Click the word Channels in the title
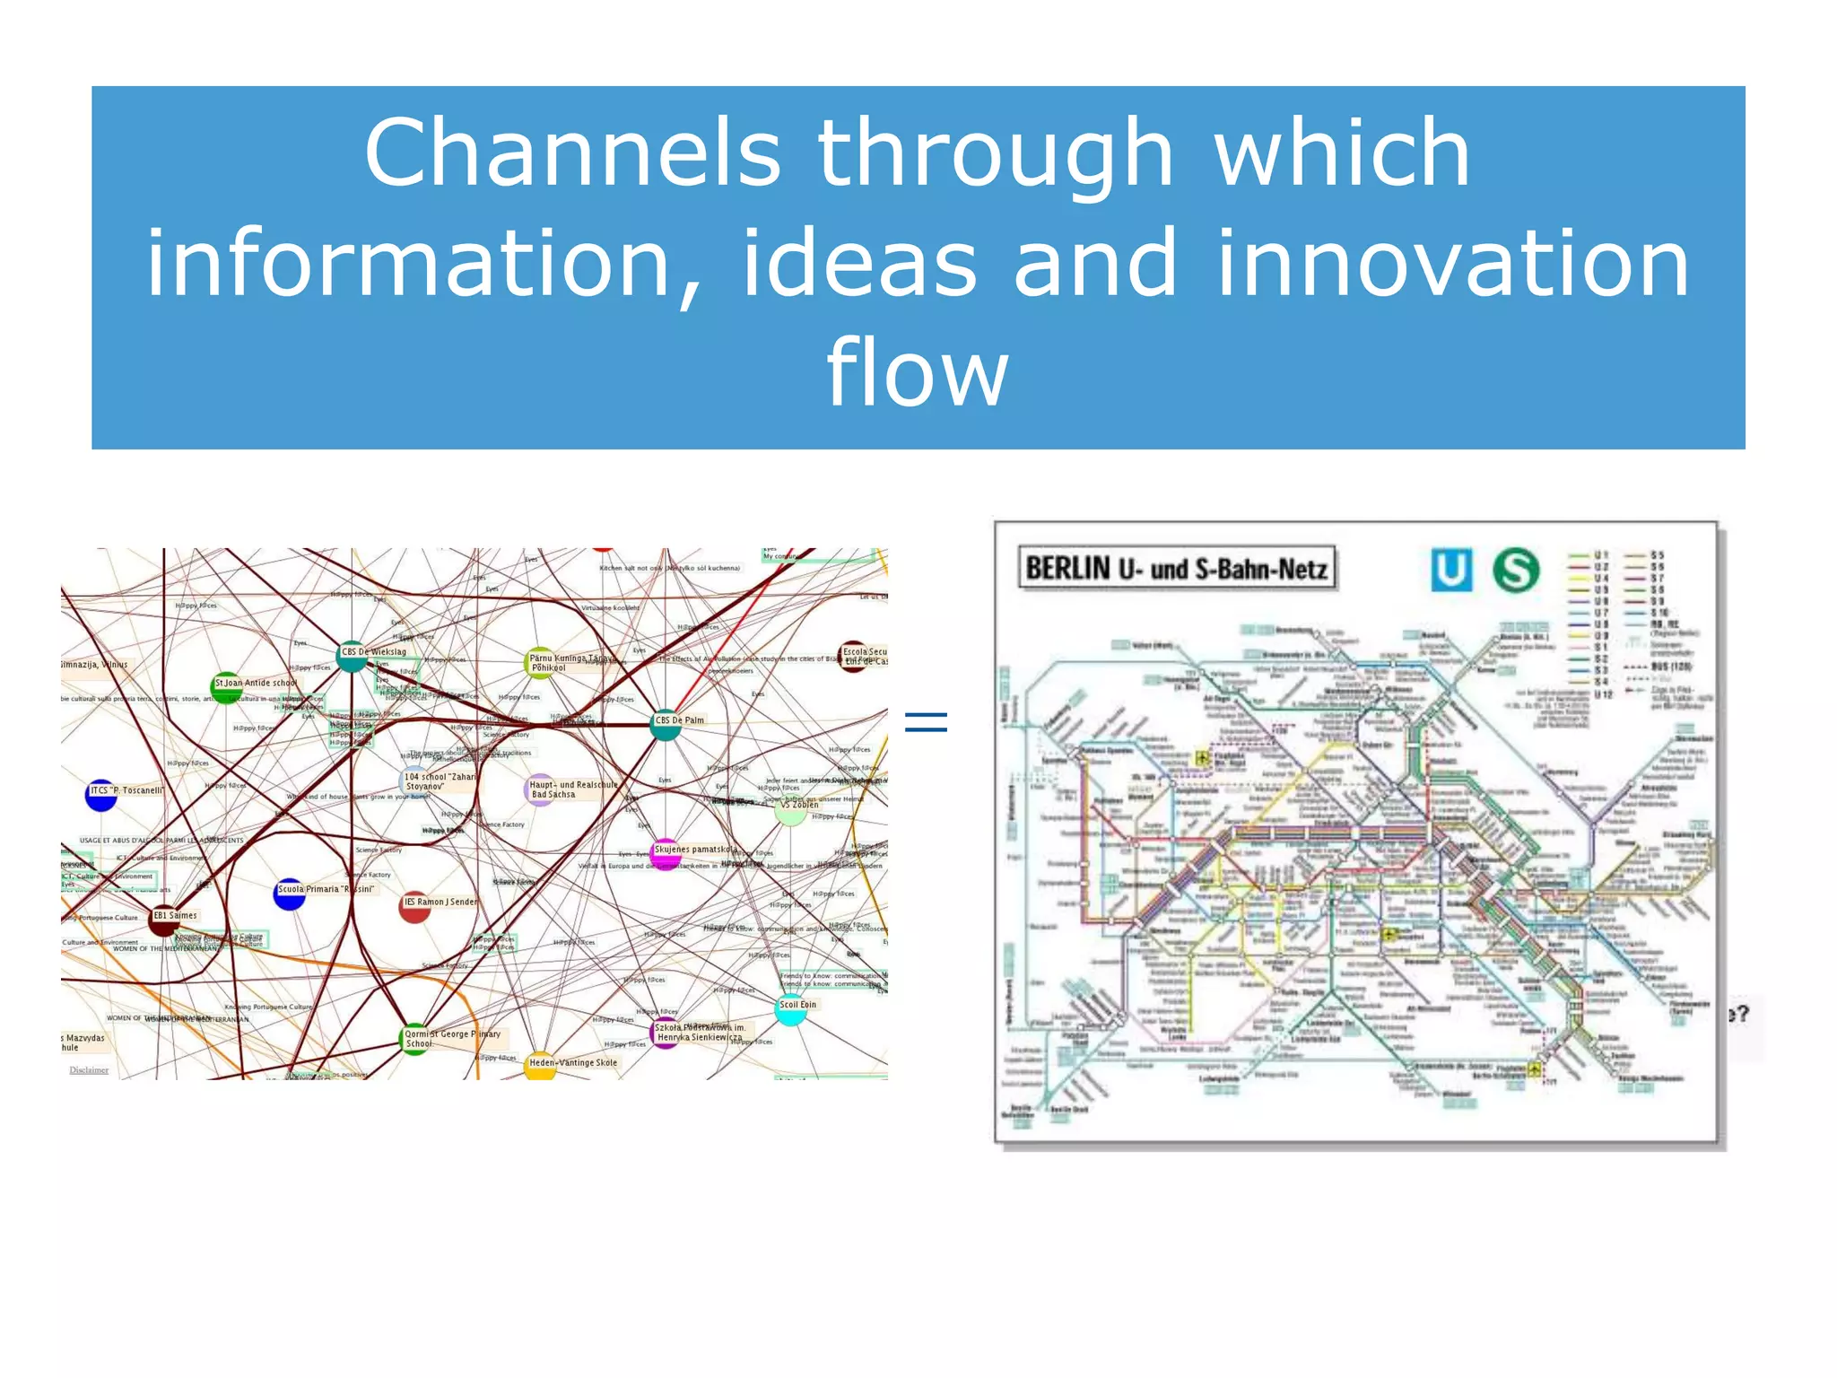[571, 153]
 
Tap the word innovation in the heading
[1452, 263]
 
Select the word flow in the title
[917, 372]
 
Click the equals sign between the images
[926, 722]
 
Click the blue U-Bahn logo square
[1450, 570]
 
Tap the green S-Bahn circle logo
[1516, 570]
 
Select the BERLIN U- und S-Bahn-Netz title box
[1176, 569]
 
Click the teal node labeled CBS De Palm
[665, 726]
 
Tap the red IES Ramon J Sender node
[414, 908]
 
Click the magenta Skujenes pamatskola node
[665, 853]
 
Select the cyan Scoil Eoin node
[789, 1010]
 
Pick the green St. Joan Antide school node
[226, 687]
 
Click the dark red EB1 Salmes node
[163, 920]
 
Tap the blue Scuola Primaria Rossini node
[289, 894]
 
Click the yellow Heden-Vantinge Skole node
[540, 1067]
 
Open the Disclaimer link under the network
[89, 1069]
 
